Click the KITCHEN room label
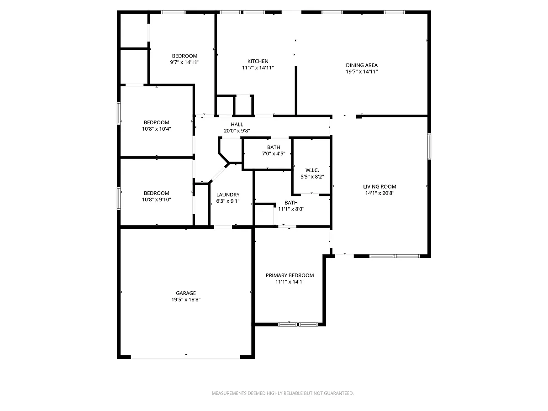[258, 61]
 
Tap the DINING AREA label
[362, 65]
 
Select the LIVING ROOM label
[379, 186]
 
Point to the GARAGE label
[186, 293]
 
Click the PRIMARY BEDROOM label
[290, 275]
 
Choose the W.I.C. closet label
[312, 170]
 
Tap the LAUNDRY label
[228, 195]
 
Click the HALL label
[237, 124]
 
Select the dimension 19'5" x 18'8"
[186, 300]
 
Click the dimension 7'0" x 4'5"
[274, 153]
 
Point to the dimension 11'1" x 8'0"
[291, 209]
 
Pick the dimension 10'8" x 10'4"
[156, 129]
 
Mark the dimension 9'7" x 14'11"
[184, 62]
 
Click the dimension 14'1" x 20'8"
[379, 193]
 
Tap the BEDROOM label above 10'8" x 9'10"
[156, 193]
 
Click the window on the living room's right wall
[429, 146]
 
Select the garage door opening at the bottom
[185, 357]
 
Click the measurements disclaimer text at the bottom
[283, 393]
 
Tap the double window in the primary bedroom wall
[298, 324]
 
